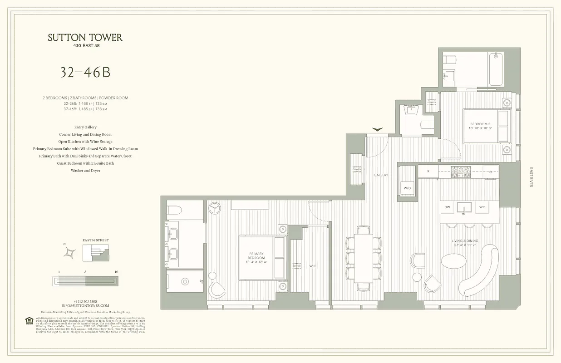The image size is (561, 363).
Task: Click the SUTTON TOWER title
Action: tap(85, 38)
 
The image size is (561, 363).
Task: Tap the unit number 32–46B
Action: tap(85, 73)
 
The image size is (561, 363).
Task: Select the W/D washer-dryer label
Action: tap(407, 188)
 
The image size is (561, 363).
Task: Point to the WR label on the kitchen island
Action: tap(482, 207)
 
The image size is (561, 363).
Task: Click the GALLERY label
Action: tap(381, 175)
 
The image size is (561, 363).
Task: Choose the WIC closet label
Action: tap(313, 266)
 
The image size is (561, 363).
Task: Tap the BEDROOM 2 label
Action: tap(480, 124)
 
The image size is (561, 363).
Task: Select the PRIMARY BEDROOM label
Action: tap(256, 255)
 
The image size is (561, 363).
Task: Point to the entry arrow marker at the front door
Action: tap(377, 130)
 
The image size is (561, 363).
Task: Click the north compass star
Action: tap(70, 253)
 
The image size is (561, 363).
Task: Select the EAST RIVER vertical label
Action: tap(531, 177)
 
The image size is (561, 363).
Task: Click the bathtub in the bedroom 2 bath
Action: tap(496, 69)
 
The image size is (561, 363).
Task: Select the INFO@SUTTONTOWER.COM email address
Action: tap(85, 306)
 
